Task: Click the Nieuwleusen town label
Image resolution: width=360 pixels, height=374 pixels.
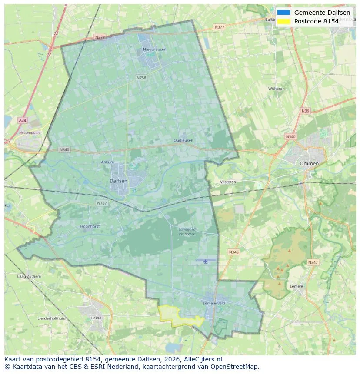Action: pos(154,50)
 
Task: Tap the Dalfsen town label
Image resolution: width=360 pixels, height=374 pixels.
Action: pos(118,181)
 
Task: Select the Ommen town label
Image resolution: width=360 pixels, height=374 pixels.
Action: pos(309,163)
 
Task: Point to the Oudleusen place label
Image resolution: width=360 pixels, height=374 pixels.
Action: pos(183,140)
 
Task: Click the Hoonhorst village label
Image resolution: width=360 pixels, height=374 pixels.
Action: pos(90,226)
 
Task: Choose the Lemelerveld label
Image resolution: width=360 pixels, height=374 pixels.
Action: pos(213,303)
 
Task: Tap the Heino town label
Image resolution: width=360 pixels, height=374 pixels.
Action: pos(96,318)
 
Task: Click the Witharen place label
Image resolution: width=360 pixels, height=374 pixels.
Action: pos(276,89)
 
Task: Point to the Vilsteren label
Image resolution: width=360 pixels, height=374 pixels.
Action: pos(228,182)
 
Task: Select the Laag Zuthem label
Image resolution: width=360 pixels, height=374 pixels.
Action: pos(29,276)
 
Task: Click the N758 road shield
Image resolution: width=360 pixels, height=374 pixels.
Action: pos(141,78)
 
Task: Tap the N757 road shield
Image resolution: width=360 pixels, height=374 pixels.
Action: pos(102,203)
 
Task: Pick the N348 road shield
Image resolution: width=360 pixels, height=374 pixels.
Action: pos(233,252)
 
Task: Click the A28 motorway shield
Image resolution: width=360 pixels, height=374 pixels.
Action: pos(23,120)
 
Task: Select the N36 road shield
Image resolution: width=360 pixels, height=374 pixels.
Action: pos(305,111)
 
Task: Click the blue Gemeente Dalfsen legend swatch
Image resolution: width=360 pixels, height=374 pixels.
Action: pos(283,13)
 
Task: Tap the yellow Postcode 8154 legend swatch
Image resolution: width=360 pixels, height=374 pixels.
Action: pos(283,21)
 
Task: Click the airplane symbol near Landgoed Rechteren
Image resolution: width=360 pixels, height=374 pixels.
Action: pos(205,261)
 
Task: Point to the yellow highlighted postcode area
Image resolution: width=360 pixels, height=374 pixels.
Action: pos(178,316)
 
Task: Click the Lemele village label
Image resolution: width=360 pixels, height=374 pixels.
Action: pos(296,286)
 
